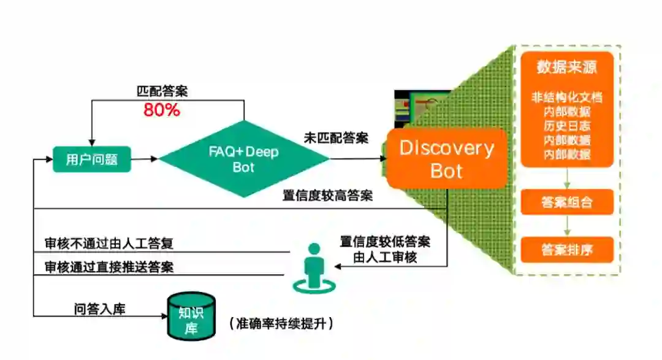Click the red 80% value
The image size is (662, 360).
pyautogui.click(x=162, y=110)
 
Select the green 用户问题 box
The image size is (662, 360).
pyautogui.click(x=91, y=160)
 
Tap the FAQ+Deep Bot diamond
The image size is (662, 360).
pyautogui.click(x=243, y=159)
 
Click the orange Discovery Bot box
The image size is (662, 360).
pyautogui.click(x=446, y=158)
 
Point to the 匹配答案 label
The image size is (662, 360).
pyautogui.click(x=162, y=91)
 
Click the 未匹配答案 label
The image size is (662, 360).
pyautogui.click(x=336, y=138)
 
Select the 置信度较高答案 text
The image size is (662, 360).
pyautogui.click(x=327, y=196)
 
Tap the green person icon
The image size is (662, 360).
pyautogui.click(x=314, y=267)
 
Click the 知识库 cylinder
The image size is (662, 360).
pyautogui.click(x=191, y=316)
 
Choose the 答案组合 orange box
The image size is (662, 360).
pyautogui.click(x=567, y=202)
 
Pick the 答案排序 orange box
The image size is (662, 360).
pyautogui.click(x=567, y=250)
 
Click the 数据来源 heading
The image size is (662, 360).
pyautogui.click(x=567, y=67)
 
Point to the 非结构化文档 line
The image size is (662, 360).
pyautogui.click(x=567, y=97)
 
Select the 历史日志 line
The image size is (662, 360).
pyautogui.click(x=567, y=126)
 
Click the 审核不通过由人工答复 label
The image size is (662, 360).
pyautogui.click(x=109, y=243)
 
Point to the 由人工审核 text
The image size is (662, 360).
pyautogui.click(x=385, y=257)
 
